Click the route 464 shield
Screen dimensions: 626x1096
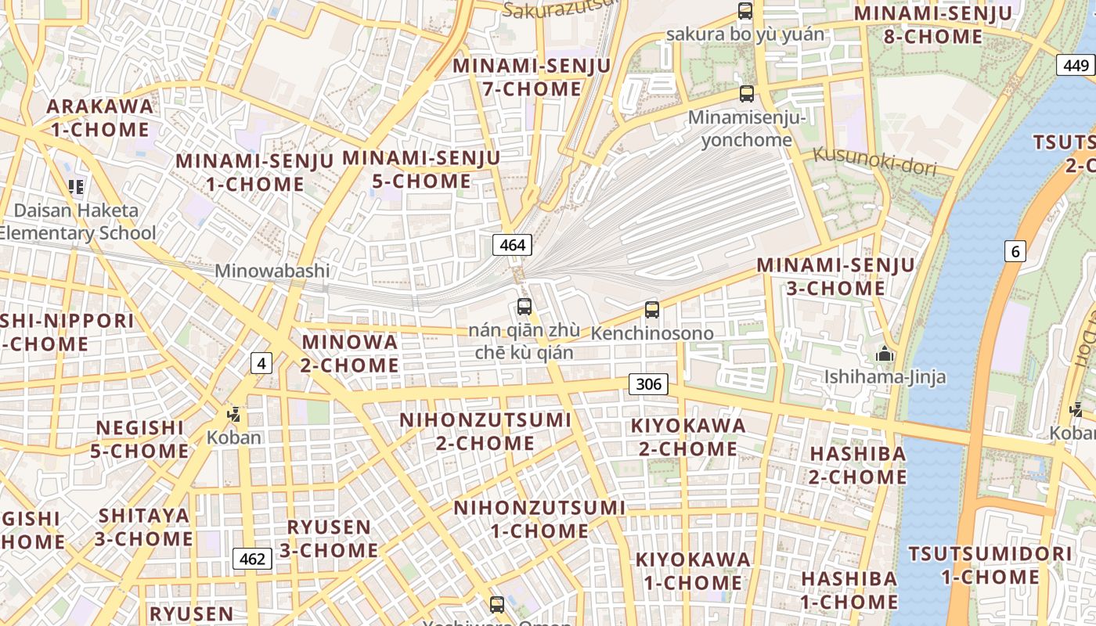(513, 245)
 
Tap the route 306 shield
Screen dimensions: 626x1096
(648, 383)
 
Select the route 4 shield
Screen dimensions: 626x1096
(261, 363)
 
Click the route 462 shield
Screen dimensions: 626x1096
(252, 559)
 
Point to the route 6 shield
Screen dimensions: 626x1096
(1015, 251)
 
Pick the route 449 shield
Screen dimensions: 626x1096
(1076, 65)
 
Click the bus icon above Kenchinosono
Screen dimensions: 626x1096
(652, 310)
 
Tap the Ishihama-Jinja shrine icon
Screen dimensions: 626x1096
(885, 354)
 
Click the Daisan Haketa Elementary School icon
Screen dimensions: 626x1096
(76, 186)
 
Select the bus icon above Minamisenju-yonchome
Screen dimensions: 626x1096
(747, 94)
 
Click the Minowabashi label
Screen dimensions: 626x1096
(272, 272)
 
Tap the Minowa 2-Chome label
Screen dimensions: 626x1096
(350, 354)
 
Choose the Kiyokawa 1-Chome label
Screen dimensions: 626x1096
(693, 571)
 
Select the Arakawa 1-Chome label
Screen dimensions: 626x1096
(99, 117)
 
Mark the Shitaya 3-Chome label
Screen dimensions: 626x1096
(144, 527)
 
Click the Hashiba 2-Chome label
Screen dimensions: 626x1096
(857, 465)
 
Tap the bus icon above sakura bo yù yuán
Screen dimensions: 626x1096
(745, 12)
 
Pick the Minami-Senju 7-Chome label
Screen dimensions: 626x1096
(532, 77)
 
